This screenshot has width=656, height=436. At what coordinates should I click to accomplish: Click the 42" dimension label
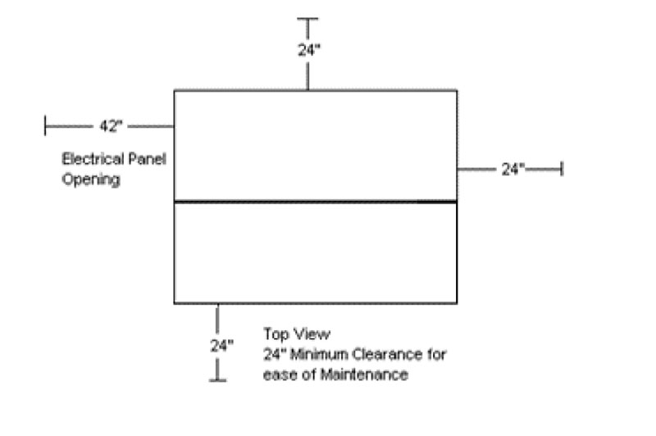111,126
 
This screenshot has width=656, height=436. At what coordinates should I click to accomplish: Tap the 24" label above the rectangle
308,49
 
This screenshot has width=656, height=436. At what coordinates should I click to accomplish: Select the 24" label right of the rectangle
512,169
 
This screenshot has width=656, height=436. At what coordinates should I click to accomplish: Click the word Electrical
90,159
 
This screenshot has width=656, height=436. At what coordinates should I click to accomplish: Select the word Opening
91,179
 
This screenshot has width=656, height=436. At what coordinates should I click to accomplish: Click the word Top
275,334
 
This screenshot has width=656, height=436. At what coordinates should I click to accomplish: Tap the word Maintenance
363,375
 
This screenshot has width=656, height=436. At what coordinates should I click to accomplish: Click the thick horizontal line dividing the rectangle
315,201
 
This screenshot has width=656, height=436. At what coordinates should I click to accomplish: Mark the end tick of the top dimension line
308,18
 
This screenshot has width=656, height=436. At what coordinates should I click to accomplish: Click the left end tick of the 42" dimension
46,126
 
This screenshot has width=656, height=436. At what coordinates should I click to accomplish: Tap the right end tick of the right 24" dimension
562,169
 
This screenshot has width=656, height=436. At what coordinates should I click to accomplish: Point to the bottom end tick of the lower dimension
217,379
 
